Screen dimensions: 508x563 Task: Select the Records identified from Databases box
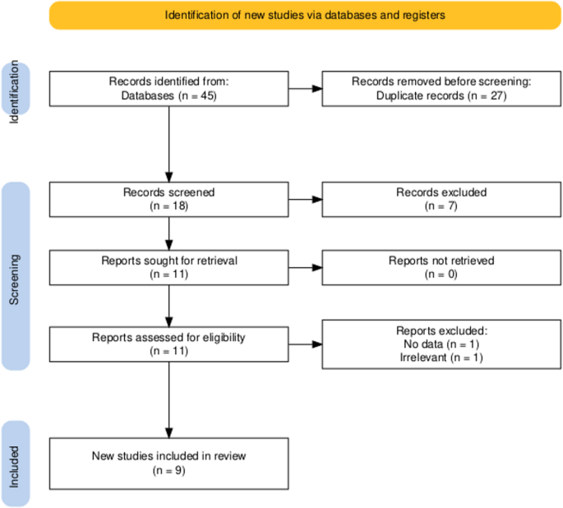168,89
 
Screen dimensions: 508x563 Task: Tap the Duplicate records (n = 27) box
442,89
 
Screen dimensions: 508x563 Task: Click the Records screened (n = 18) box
168,200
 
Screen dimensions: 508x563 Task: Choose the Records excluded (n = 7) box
442,200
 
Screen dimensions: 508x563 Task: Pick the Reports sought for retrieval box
168,268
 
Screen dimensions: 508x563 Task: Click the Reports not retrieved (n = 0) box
442,268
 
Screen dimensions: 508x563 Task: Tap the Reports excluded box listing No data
442,344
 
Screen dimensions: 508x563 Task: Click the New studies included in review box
168,463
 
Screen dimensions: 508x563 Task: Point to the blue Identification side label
16,89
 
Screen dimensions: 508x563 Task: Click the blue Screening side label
16,275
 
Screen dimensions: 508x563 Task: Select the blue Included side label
16,463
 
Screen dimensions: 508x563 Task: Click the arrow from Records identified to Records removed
305,89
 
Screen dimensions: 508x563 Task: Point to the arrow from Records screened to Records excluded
305,200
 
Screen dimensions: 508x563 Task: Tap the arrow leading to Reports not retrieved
305,268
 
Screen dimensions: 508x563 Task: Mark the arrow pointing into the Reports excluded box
305,344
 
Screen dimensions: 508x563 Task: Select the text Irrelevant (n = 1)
442,358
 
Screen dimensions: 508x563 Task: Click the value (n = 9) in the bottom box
168,471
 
